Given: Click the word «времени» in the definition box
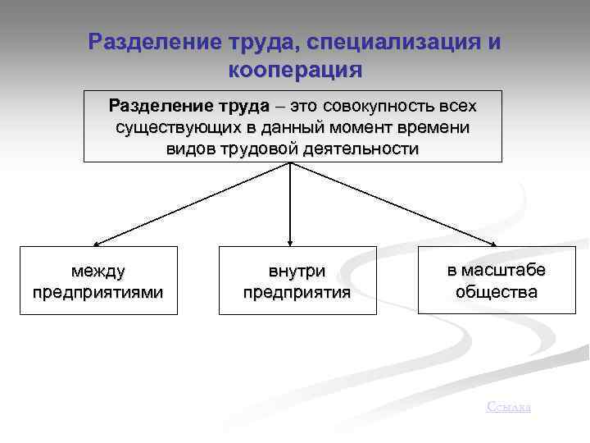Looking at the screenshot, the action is [436, 129].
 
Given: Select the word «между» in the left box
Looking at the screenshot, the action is [98, 270].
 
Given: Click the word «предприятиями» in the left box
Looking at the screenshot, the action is [98, 291].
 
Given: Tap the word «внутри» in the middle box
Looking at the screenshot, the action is [297, 271].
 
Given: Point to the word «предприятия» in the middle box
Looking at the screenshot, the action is [297, 292].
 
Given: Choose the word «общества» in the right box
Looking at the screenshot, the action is [497, 291].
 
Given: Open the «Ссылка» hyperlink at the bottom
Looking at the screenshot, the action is [508, 406].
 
